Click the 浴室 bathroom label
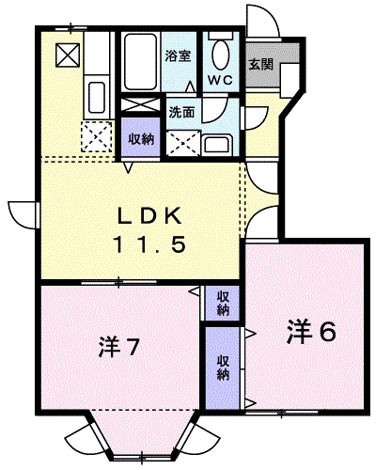179,55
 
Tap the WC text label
222,79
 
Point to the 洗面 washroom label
181,111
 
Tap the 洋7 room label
119,349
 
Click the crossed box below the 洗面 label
183,140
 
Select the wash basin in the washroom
217,144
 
